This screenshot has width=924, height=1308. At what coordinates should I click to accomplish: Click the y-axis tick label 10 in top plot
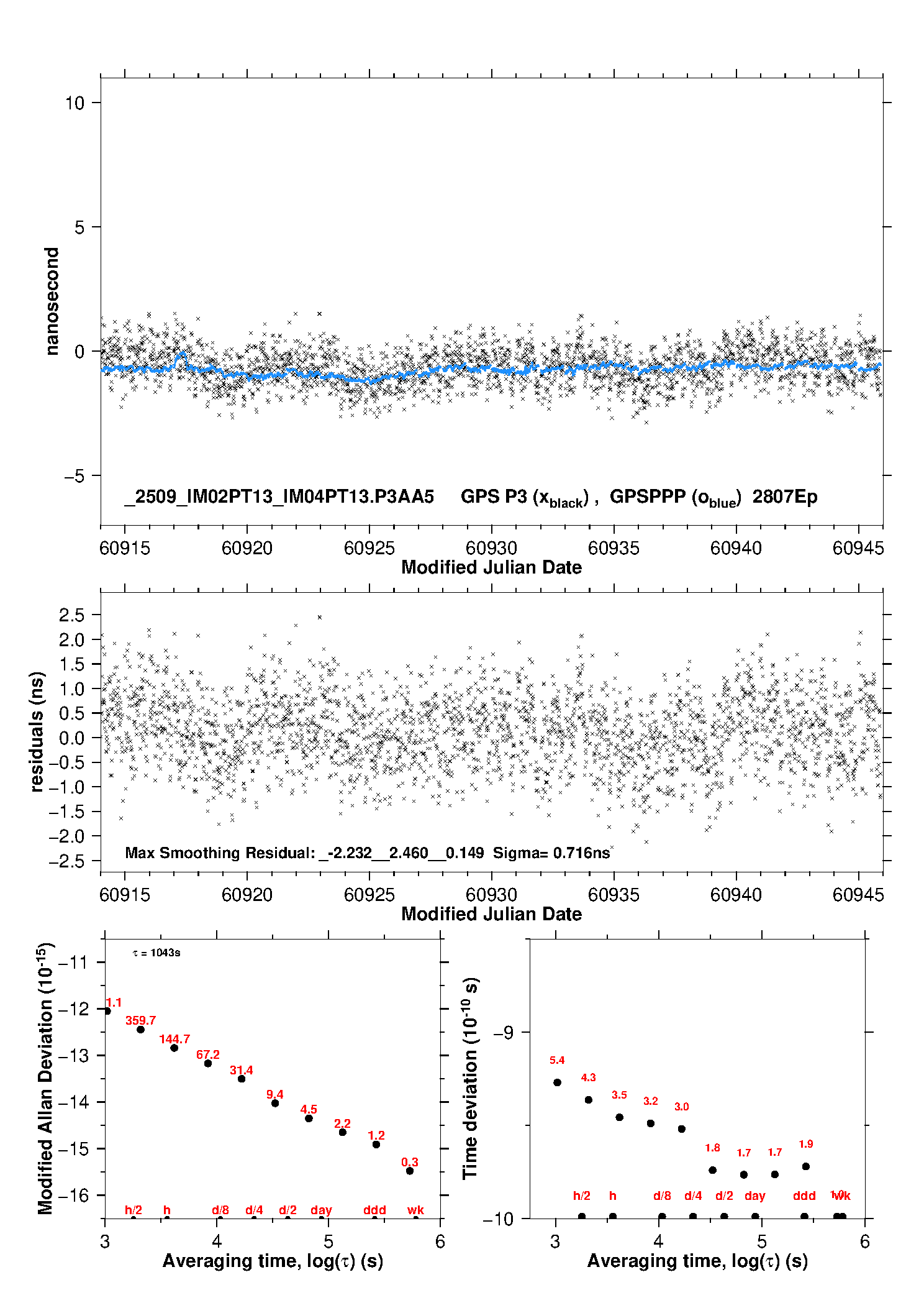tap(75, 103)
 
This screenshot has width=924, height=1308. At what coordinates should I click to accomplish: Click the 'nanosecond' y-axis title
tap(52, 301)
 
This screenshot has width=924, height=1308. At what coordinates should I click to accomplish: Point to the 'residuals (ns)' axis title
tap(37, 731)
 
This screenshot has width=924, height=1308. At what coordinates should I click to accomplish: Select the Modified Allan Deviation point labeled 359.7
tap(141, 1030)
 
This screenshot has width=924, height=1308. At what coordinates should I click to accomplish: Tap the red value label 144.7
tap(174, 1039)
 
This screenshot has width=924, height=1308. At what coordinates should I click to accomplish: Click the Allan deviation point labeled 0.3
tap(410, 1171)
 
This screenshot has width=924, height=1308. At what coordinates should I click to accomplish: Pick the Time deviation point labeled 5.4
tap(557, 1082)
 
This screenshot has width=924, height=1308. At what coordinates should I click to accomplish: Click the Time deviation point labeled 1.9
tap(806, 1166)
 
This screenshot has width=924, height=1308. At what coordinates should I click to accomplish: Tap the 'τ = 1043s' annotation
tap(156, 953)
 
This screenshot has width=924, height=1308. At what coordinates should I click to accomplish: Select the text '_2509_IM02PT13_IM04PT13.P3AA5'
tap(279, 497)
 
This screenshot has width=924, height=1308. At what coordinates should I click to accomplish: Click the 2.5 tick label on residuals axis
tap(71, 615)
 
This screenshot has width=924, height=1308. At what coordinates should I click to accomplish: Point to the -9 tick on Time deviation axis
tap(503, 1032)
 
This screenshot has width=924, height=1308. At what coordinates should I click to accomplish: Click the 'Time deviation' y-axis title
tap(470, 1079)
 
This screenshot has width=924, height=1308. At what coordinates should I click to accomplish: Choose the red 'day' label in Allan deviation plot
tap(321, 1210)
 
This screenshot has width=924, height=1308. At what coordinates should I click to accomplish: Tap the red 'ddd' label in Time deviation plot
tap(804, 1196)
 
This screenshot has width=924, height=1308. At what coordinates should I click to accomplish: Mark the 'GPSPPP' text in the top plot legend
tap(647, 497)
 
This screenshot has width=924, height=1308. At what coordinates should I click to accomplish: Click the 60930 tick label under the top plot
tap(491, 548)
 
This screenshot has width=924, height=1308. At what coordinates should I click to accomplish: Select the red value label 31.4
tap(242, 1070)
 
